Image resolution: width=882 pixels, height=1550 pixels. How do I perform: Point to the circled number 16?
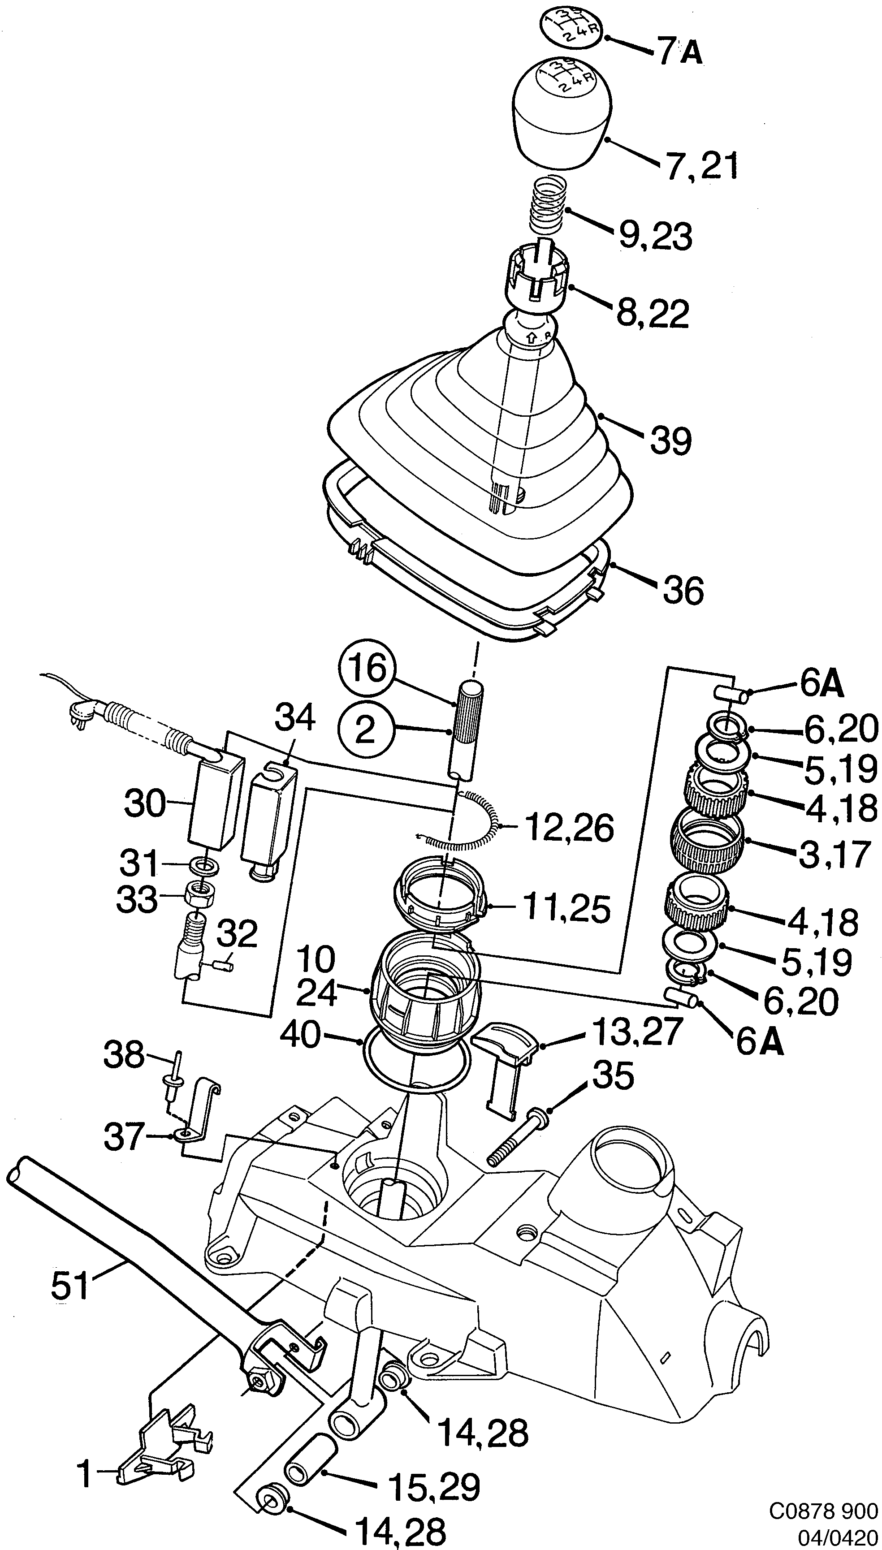pos(367,670)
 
